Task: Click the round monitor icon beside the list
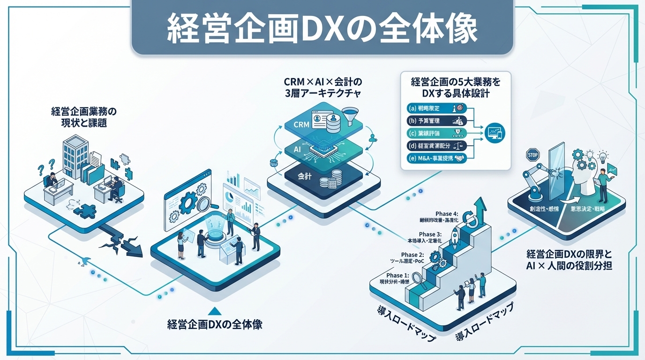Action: pyautogui.click(x=494, y=132)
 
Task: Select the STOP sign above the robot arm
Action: pyautogui.click(x=533, y=155)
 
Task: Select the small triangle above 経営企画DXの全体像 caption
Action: pyautogui.click(x=214, y=310)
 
